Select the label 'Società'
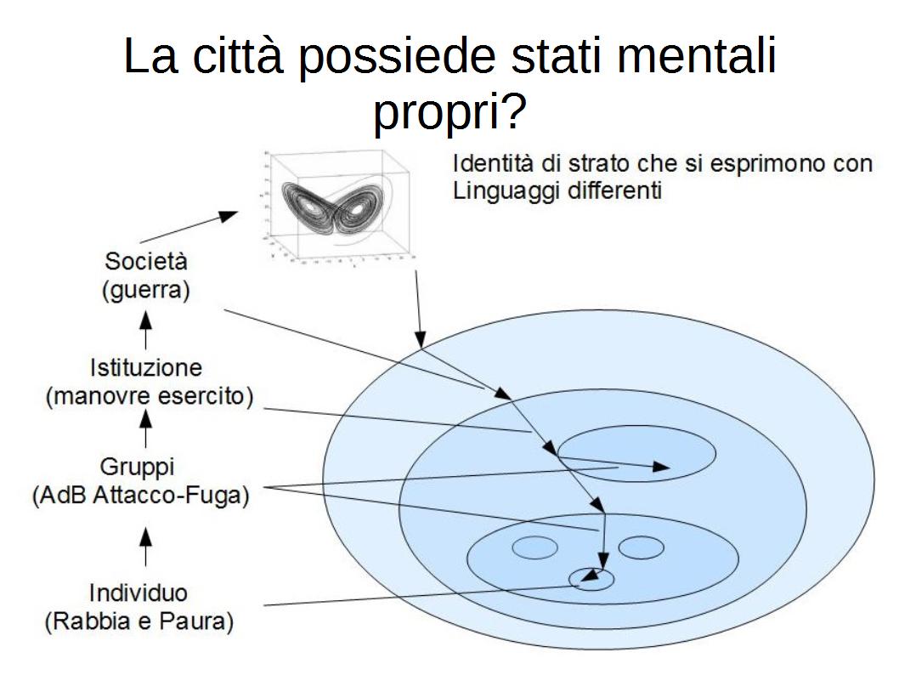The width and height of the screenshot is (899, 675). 145,261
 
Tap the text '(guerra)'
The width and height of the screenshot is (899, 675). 145,289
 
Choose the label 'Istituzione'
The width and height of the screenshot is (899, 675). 145,369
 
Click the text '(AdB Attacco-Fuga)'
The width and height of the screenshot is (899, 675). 140,496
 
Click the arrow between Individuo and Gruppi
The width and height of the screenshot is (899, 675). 146,546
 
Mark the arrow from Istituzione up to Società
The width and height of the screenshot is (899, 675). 146,329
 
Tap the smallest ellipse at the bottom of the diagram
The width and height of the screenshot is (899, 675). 591,579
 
